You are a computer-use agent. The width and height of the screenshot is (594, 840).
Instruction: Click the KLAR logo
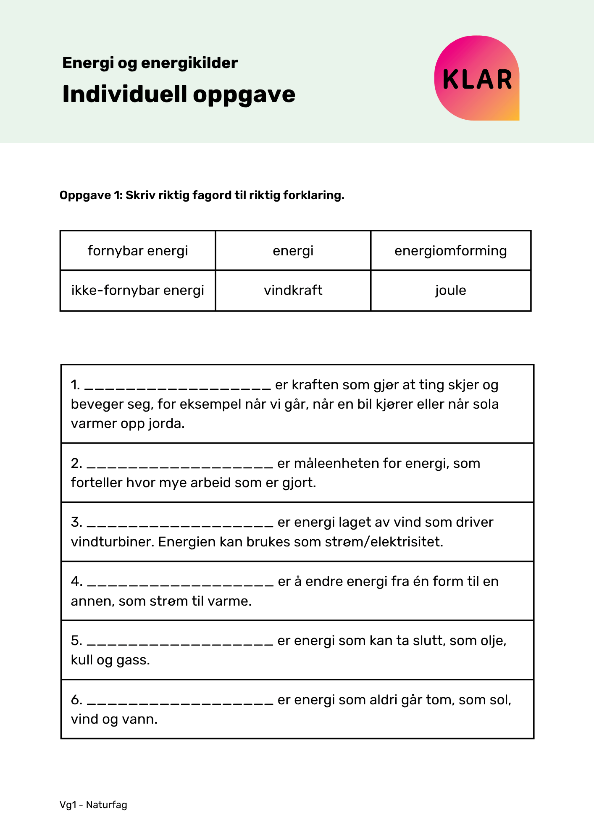tap(477, 78)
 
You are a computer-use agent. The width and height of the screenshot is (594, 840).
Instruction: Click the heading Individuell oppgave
tap(179, 94)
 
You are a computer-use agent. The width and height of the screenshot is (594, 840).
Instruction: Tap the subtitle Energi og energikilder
tap(150, 63)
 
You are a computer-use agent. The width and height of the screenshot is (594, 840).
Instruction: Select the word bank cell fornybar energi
tap(138, 251)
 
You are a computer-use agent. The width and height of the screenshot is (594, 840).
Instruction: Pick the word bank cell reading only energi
tap(293, 251)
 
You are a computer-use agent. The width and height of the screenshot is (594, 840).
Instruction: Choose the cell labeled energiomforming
tap(450, 251)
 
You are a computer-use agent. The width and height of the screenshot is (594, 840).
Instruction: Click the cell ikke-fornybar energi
tap(138, 290)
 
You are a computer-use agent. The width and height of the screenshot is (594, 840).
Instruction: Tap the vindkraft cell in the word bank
tap(293, 290)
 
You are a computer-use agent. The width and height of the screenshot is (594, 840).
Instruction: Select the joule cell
tap(450, 290)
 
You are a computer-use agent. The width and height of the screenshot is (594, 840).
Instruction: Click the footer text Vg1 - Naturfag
tap(93, 805)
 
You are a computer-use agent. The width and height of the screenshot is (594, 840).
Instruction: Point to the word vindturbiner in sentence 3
tap(113, 542)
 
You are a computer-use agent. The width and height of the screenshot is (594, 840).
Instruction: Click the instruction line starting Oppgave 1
tap(202, 195)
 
